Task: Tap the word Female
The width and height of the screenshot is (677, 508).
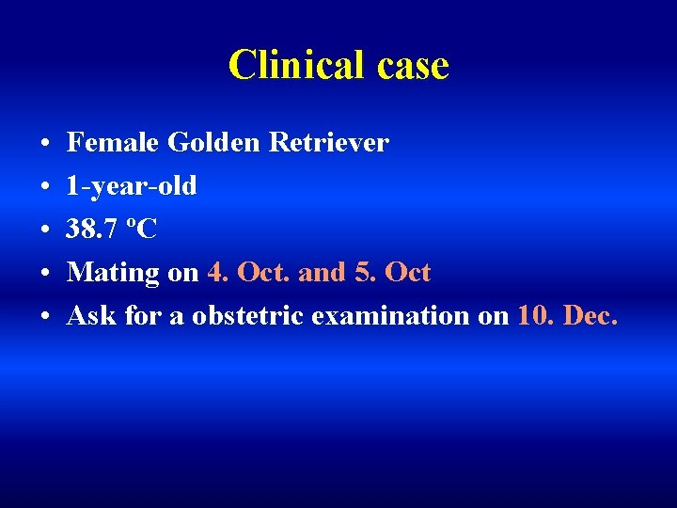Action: coord(114,143)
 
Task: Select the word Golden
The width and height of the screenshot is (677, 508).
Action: coord(214,143)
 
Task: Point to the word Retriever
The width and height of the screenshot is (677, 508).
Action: coord(328,143)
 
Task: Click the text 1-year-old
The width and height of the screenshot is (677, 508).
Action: coord(132,186)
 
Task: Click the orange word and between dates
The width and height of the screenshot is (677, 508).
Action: coord(323,273)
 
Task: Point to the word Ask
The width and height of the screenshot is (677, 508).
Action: coord(92,316)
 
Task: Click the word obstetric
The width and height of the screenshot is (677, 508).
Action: coord(247,316)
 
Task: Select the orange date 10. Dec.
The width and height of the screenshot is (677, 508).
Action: coord(568,316)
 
